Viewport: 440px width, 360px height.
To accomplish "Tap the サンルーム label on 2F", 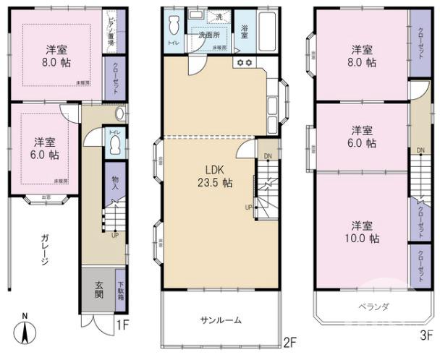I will click(221, 320).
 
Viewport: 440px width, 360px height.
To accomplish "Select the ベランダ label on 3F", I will click(373, 307).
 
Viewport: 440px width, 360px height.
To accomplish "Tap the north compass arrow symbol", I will click(25, 330).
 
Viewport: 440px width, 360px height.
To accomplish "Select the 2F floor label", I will click(290, 340).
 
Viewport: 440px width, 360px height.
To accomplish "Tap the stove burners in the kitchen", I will click(243, 63).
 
